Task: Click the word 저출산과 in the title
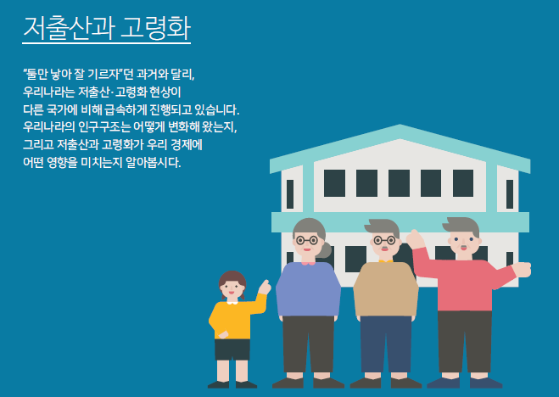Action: (69, 27)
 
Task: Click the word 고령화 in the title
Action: (156, 27)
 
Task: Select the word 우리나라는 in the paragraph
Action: (48, 92)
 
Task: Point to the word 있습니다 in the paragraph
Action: (216, 109)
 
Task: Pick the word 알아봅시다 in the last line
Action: (154, 163)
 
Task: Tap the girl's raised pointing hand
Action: (264, 288)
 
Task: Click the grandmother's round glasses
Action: (307, 240)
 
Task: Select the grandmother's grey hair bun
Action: (324, 249)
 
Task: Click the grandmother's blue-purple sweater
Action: (309, 289)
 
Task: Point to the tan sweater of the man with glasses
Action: (386, 289)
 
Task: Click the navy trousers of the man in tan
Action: (386, 344)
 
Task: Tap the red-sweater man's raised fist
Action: (416, 238)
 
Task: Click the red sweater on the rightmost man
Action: (463, 282)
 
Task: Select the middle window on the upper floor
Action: (399, 183)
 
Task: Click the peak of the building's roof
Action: (400, 125)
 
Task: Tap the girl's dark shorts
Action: (232, 349)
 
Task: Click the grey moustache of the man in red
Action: (463, 247)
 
